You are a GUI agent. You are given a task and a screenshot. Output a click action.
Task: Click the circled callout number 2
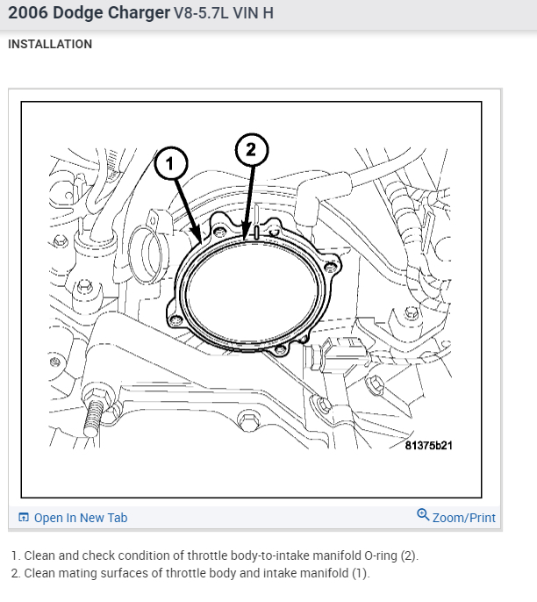click(251, 149)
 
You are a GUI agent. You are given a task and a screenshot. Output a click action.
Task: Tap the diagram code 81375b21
click(429, 446)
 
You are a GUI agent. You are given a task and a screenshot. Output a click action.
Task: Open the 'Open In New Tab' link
click(81, 518)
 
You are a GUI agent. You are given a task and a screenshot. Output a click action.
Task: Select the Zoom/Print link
click(463, 518)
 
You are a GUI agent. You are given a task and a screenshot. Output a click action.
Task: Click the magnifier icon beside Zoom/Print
click(423, 516)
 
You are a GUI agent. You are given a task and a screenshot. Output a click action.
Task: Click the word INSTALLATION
click(50, 44)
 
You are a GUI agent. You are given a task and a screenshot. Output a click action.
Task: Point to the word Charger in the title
click(128, 14)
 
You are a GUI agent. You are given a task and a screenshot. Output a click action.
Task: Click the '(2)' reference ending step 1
click(409, 555)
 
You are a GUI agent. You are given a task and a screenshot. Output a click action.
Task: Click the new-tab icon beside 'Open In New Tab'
click(24, 518)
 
